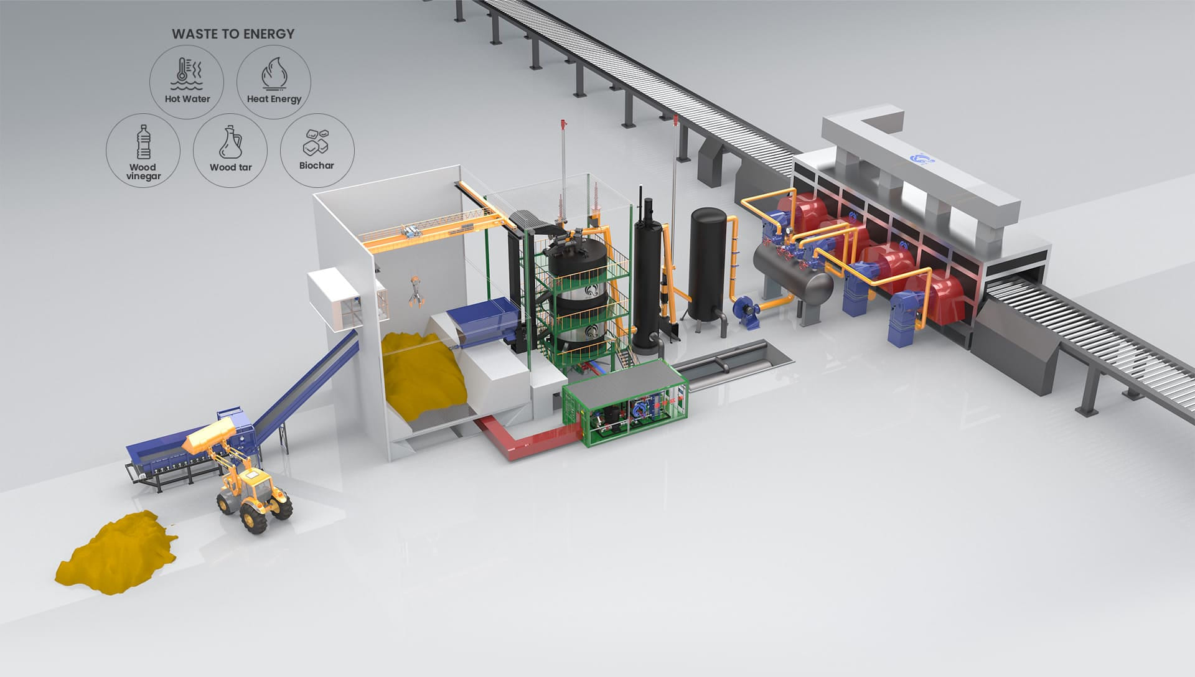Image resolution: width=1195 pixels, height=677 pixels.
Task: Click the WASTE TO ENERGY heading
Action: pos(233,34)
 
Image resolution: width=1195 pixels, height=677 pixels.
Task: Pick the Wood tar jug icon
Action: pos(230,141)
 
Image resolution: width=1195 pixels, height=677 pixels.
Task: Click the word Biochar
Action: pos(316,166)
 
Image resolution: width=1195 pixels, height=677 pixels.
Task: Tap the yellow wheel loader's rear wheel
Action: pos(255,516)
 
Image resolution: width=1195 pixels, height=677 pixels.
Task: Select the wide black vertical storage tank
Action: pos(708,261)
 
